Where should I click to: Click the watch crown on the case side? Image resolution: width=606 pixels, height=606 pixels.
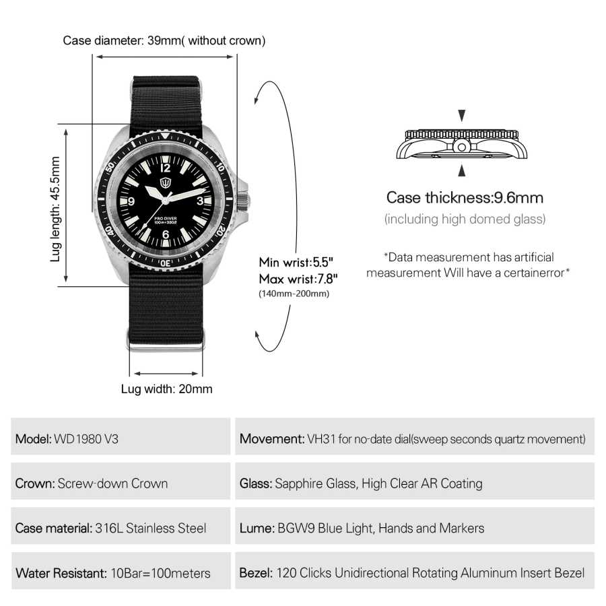pyautogui.click(x=242, y=201)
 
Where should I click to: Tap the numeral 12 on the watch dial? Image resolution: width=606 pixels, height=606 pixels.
pyautogui.click(x=165, y=168)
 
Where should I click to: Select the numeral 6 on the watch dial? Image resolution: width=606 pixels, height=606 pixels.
pyautogui.click(x=166, y=234)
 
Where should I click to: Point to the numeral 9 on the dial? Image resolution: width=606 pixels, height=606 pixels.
pyautogui.click(x=131, y=201)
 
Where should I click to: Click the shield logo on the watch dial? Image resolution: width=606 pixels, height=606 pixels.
pyautogui.click(x=166, y=182)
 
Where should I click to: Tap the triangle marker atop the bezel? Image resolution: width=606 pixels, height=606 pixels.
pyautogui.click(x=166, y=135)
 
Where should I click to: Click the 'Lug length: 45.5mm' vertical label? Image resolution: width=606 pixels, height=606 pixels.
pyautogui.click(x=55, y=209)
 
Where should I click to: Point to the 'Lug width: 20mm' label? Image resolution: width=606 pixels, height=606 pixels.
pyautogui.click(x=166, y=389)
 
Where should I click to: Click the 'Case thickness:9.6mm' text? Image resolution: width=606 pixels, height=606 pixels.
pyautogui.click(x=465, y=197)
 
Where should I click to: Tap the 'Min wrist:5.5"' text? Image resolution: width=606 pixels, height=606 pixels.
pyautogui.click(x=296, y=262)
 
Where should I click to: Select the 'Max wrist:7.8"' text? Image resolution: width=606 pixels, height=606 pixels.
pyautogui.click(x=298, y=279)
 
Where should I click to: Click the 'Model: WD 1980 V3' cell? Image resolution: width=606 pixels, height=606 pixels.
pyautogui.click(x=121, y=436)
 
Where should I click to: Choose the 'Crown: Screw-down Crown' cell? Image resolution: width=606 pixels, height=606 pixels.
pyautogui.click(x=121, y=481)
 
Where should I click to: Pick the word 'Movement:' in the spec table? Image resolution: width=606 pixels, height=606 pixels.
pyautogui.click(x=272, y=439)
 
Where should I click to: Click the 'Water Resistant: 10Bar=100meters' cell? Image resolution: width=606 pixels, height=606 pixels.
pyautogui.click(x=121, y=570)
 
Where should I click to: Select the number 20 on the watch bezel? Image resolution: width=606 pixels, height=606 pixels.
pyautogui.click(x=220, y=231)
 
